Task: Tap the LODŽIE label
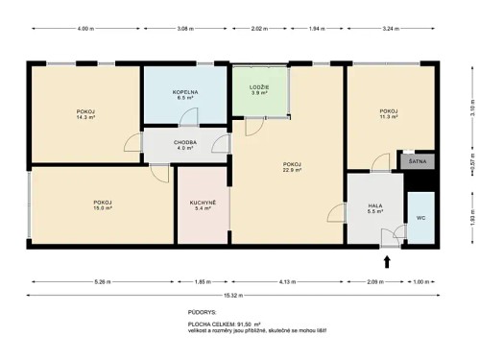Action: [258, 86]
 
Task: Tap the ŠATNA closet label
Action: [417, 162]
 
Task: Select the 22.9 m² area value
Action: [292, 170]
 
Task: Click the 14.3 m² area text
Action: [85, 119]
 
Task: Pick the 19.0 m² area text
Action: [103, 207]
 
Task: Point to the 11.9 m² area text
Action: [389, 117]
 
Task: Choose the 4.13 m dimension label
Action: [287, 281]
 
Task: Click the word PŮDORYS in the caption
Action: [203, 313]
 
